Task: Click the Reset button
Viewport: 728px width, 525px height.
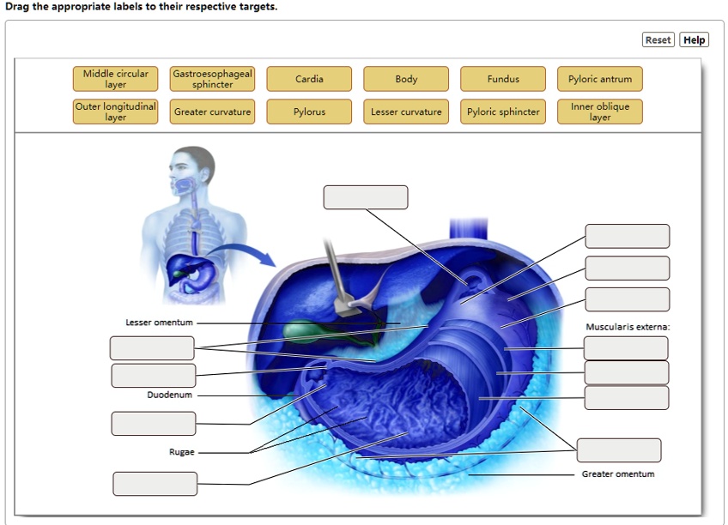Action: pyautogui.click(x=658, y=39)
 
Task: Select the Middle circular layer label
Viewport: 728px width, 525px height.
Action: pyautogui.click(x=116, y=79)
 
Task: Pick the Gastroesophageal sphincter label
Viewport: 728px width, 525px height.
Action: pyautogui.click(x=213, y=79)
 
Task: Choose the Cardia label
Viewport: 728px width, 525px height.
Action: pyautogui.click(x=309, y=79)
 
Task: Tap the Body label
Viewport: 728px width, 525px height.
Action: pyautogui.click(x=406, y=79)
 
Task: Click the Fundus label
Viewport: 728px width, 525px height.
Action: pyautogui.click(x=503, y=79)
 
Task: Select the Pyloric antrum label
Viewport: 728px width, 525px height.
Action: pyautogui.click(x=600, y=79)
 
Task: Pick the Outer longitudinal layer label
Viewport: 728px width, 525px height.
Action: pyautogui.click(x=116, y=112)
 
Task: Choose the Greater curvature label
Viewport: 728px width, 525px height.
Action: pyautogui.click(x=213, y=112)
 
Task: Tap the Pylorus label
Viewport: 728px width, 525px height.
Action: pyautogui.click(x=309, y=112)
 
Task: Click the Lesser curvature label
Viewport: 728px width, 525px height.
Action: pyautogui.click(x=406, y=112)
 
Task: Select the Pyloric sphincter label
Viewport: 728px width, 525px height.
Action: pyautogui.click(x=503, y=112)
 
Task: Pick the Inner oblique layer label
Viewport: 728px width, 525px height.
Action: pyautogui.click(x=600, y=112)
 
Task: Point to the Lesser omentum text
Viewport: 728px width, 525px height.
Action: pyautogui.click(x=160, y=323)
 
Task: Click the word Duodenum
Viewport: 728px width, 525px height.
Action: pyautogui.click(x=169, y=395)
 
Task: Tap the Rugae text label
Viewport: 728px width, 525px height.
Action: pyautogui.click(x=182, y=451)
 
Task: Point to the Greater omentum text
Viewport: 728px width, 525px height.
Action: pyautogui.click(x=618, y=474)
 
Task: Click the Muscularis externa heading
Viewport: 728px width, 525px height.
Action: pyautogui.click(x=628, y=327)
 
